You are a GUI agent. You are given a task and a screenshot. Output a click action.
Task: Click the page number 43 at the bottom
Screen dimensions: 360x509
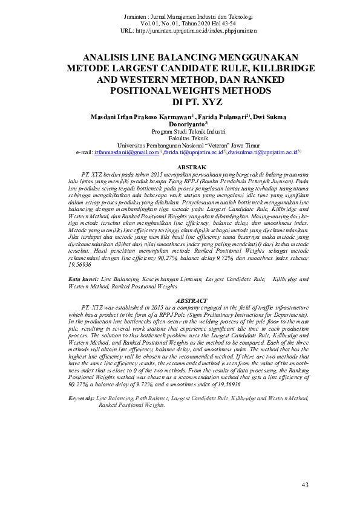click(304, 485)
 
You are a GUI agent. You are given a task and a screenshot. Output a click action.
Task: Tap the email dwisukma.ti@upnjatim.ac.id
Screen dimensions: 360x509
click(264, 154)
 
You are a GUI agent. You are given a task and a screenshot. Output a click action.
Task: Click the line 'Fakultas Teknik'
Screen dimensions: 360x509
click(179, 138)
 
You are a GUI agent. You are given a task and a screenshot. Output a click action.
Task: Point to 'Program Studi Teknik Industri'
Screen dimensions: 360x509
click(179, 131)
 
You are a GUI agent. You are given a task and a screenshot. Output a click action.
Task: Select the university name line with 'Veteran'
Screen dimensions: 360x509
click(179, 146)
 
